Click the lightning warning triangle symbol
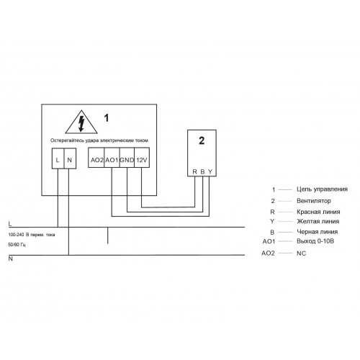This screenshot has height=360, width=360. click(81, 122)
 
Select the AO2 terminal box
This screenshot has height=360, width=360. click(96, 158)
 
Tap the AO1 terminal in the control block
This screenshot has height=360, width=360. click(112, 158)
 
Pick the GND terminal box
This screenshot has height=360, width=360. click(127, 158)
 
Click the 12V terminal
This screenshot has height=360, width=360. click(142, 158)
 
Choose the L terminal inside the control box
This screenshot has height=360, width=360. click(58, 158)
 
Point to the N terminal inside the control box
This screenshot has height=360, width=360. click(70, 158)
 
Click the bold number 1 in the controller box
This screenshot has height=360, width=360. click(107, 118)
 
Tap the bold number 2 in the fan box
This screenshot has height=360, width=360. click(202, 140)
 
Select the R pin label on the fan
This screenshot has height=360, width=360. click(195, 172)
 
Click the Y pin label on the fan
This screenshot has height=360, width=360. click(210, 172)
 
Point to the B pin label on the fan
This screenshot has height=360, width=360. click(202, 172)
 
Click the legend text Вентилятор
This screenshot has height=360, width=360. click(314, 201)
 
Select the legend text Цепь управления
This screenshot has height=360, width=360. click(322, 189)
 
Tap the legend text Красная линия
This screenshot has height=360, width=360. click(318, 212)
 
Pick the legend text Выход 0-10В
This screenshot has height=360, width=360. click(315, 241)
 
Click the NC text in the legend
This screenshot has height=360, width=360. click(302, 253)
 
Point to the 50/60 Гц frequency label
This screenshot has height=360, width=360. click(17, 245)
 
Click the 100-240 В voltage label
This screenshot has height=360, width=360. click(32, 235)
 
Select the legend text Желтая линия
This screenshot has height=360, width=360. click(318, 221)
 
